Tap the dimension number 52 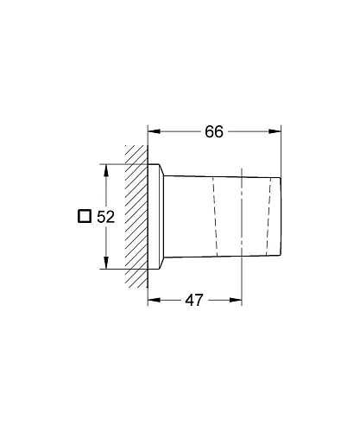coord(106,218)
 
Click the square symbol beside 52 coord(84,217)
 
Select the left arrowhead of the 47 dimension coord(154,301)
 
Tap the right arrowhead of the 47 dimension coord(236,301)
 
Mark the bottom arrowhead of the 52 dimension coord(105,265)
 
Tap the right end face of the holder coord(281,216)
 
